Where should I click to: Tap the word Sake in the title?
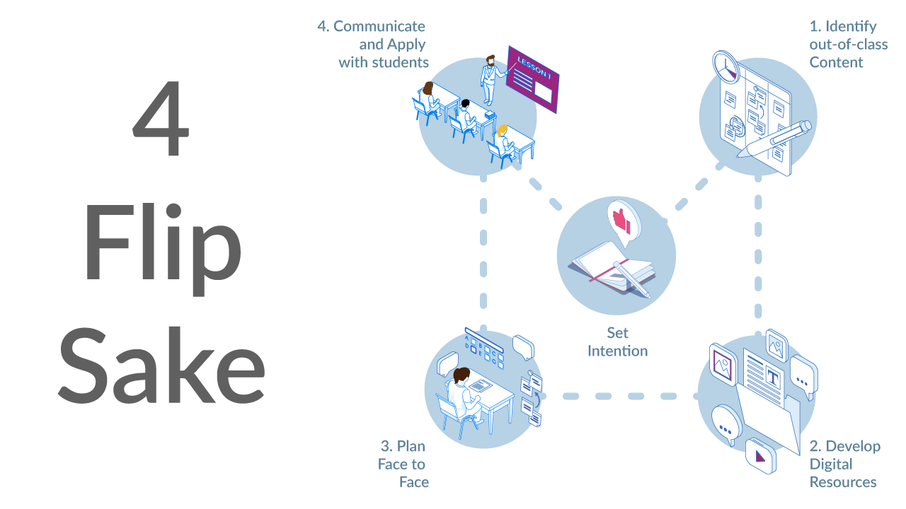coord(161,364)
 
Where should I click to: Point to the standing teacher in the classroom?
coord(488,80)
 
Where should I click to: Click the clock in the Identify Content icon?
coord(725,66)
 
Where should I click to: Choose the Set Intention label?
coord(617,341)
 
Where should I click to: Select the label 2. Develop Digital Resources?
coord(844,464)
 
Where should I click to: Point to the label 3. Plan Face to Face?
coord(403,464)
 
